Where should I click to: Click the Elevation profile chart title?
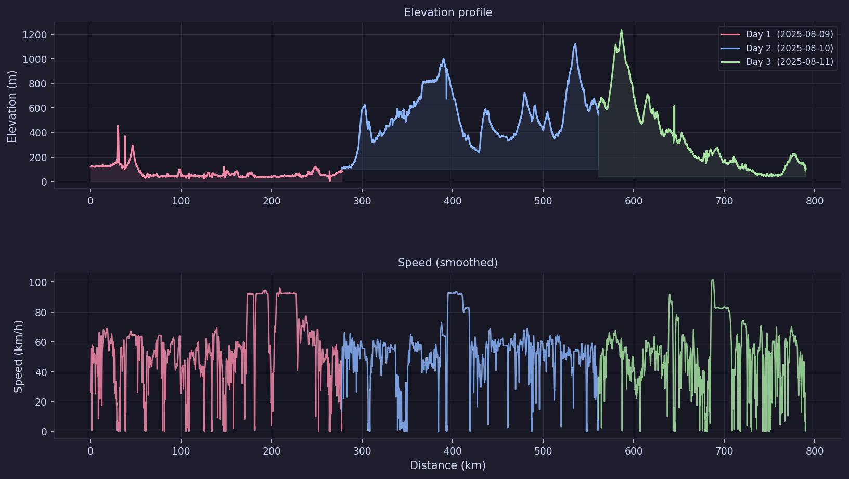(448, 12)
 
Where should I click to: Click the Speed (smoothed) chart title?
(448, 263)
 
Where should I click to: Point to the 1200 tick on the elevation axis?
(34, 35)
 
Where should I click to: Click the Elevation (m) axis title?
(12, 107)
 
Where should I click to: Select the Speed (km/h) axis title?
(18, 356)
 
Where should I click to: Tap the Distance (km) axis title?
(448, 465)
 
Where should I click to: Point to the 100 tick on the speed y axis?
(37, 282)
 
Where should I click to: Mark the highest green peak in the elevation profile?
(621, 31)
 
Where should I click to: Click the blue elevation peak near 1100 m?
(575, 44)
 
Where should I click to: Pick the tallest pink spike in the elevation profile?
(118, 126)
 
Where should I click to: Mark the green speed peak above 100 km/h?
(712, 280)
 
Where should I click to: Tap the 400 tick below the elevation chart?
(453, 201)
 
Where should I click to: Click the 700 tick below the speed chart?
(724, 451)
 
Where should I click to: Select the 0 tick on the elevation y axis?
(44, 182)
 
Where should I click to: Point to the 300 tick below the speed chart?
(362, 451)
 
